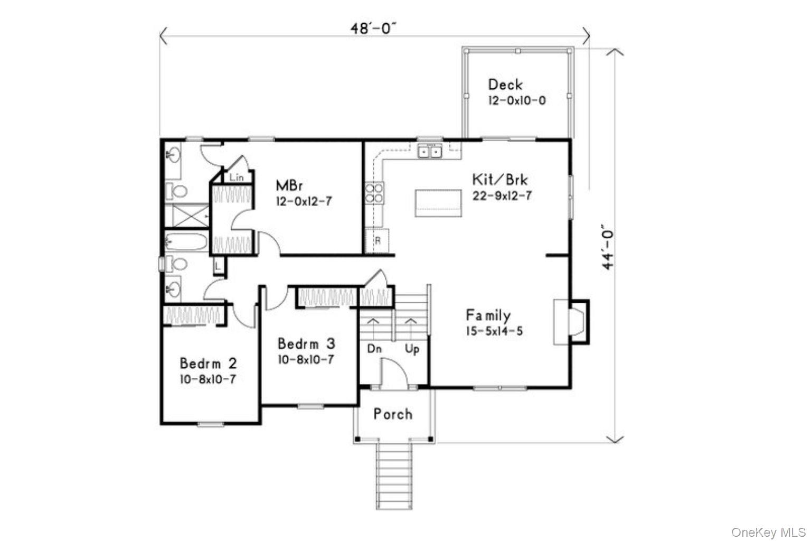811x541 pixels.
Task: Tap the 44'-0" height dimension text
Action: pos(609,246)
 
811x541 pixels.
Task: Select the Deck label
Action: pos(505,85)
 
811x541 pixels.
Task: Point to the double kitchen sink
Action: pos(430,152)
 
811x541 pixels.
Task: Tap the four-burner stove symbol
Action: pos(374,193)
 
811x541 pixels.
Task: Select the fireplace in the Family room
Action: pos(571,322)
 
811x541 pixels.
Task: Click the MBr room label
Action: pos(289,185)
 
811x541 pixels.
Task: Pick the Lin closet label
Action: pos(237,178)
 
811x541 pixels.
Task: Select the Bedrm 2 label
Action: pos(208,363)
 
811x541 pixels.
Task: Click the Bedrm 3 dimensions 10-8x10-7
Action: pos(306,360)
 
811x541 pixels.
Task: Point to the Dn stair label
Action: pos(374,349)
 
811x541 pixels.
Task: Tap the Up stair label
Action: pos(412,349)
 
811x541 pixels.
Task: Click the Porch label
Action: pos(393,414)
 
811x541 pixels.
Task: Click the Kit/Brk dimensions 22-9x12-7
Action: pos(502,196)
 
